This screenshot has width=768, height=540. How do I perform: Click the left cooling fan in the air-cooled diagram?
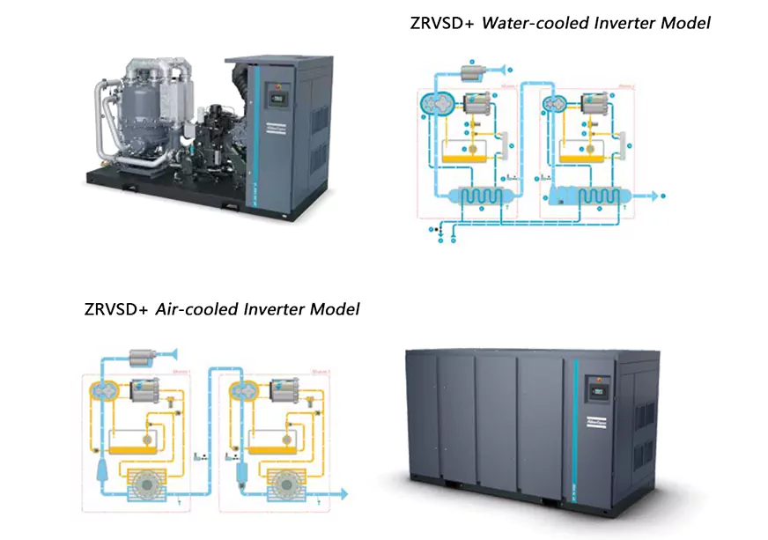coord(143,482)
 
